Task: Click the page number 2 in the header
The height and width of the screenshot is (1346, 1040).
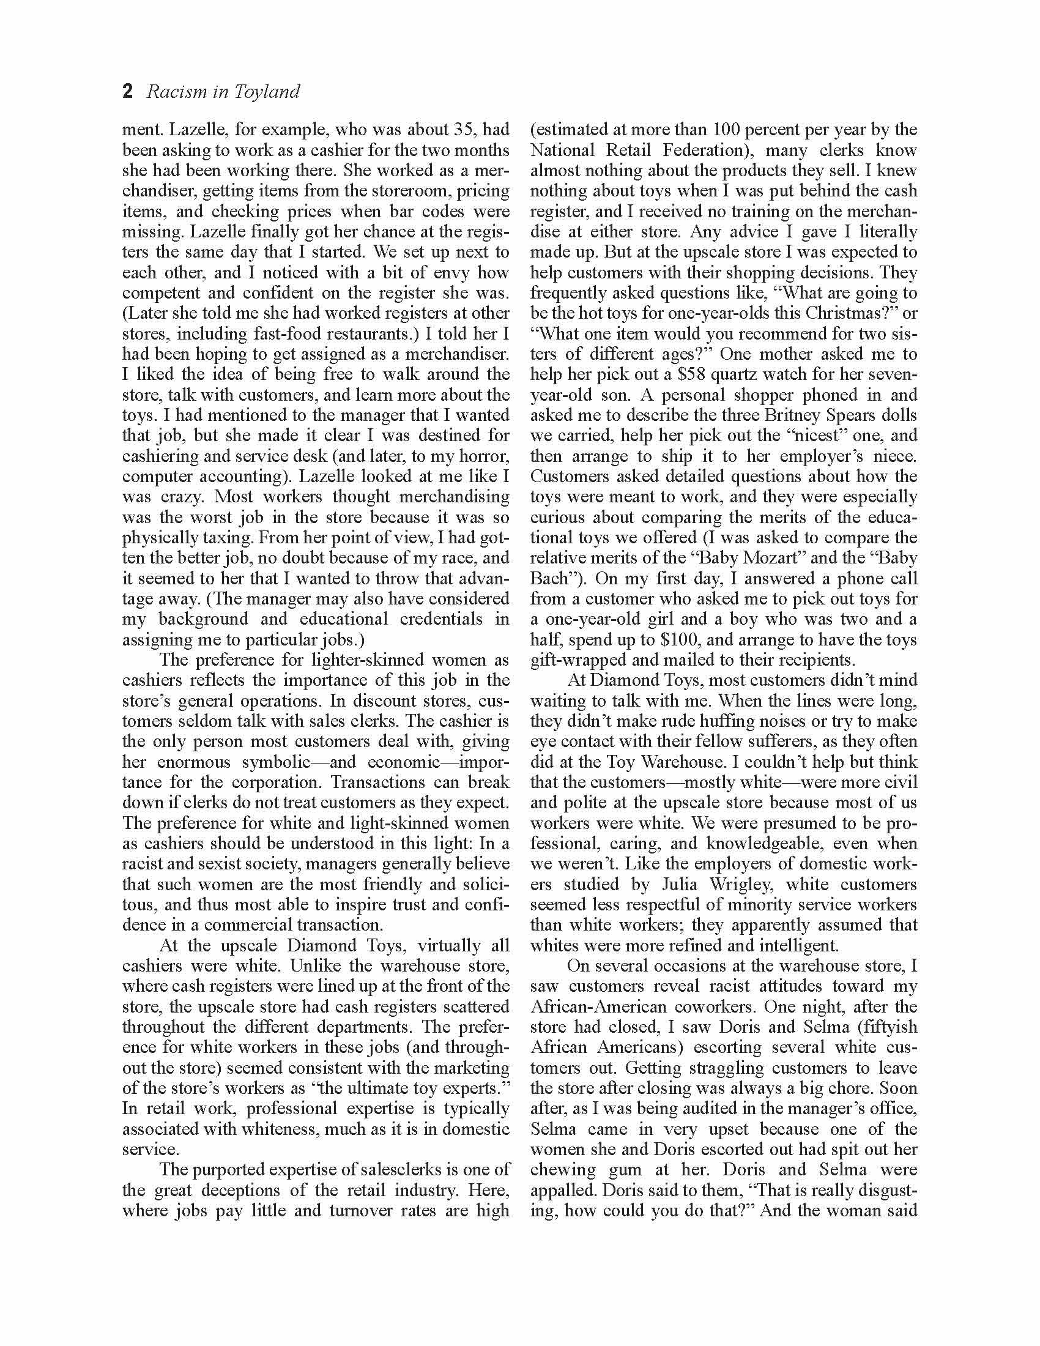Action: coord(127,92)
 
